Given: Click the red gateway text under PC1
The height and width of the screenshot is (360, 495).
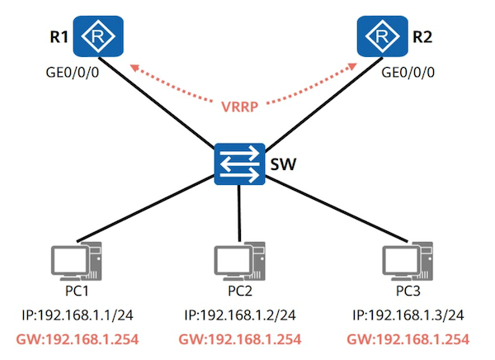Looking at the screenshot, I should pos(78,339).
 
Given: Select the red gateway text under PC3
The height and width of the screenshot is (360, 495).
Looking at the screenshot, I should pos(408,339).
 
